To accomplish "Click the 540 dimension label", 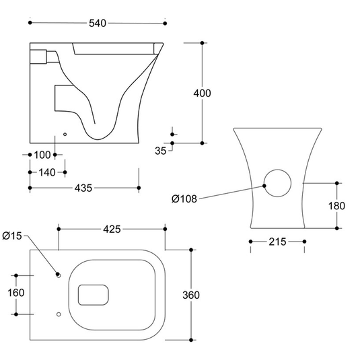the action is (x=98, y=23).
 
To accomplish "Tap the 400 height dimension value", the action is (x=202, y=94).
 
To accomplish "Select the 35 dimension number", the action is (x=160, y=151).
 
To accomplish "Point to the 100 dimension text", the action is (x=42, y=155).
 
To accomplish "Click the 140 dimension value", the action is (x=47, y=172).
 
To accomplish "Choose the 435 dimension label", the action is (x=83, y=188).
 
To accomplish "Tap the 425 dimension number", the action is (x=112, y=229).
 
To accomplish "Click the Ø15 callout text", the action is (x=12, y=236).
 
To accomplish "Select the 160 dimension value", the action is (x=16, y=293).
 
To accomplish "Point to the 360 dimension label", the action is (x=191, y=295).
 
